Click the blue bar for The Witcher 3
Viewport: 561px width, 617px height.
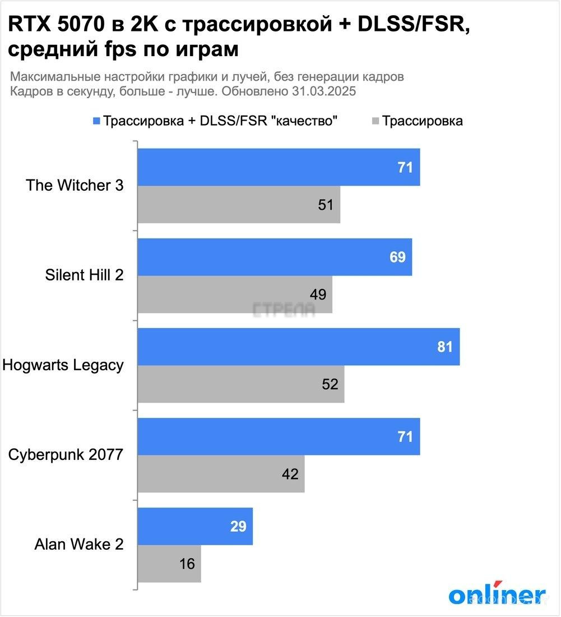pos(279,167)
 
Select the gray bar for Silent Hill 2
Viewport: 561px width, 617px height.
pos(235,294)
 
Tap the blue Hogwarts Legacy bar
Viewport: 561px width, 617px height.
pos(299,347)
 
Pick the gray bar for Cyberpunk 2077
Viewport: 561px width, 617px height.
pos(221,474)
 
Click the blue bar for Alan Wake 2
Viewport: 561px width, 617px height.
pos(195,526)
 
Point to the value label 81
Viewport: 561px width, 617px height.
pos(444,347)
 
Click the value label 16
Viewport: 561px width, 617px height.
pos(187,564)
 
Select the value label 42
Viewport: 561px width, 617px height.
pos(290,474)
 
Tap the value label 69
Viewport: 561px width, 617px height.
pos(397,257)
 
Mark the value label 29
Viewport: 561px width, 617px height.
pos(238,526)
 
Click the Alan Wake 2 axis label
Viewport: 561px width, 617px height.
pos(78,545)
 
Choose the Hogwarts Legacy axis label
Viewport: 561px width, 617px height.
pos(63,365)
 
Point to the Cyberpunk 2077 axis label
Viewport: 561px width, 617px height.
pos(66,455)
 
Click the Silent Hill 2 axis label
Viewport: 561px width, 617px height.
pos(84,275)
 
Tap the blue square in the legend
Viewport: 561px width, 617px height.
pos(96,121)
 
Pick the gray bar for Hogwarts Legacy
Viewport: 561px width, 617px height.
pos(241,384)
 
